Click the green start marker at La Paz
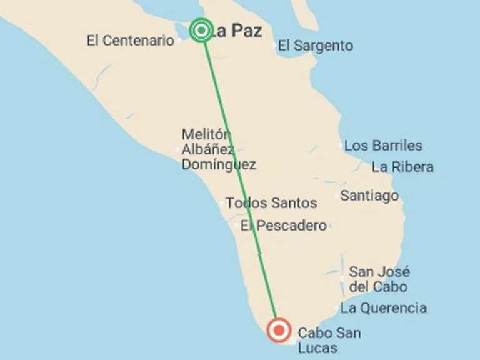[201, 30]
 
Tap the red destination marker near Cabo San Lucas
[278, 329]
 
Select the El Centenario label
[131, 41]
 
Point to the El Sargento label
[316, 46]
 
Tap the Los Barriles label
[383, 146]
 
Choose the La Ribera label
[402, 167]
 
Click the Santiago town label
[369, 196]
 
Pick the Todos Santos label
[271, 203]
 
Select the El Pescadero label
[284, 226]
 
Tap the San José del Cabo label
[379, 279]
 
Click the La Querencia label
[384, 308]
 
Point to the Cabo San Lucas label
[329, 341]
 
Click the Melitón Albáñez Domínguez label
[218, 149]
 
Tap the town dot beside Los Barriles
[341, 146]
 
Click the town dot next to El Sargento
[275, 46]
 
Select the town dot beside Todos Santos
[222, 203]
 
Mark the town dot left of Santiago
[337, 196]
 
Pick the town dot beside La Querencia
[337, 308]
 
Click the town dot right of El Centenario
[180, 40]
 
